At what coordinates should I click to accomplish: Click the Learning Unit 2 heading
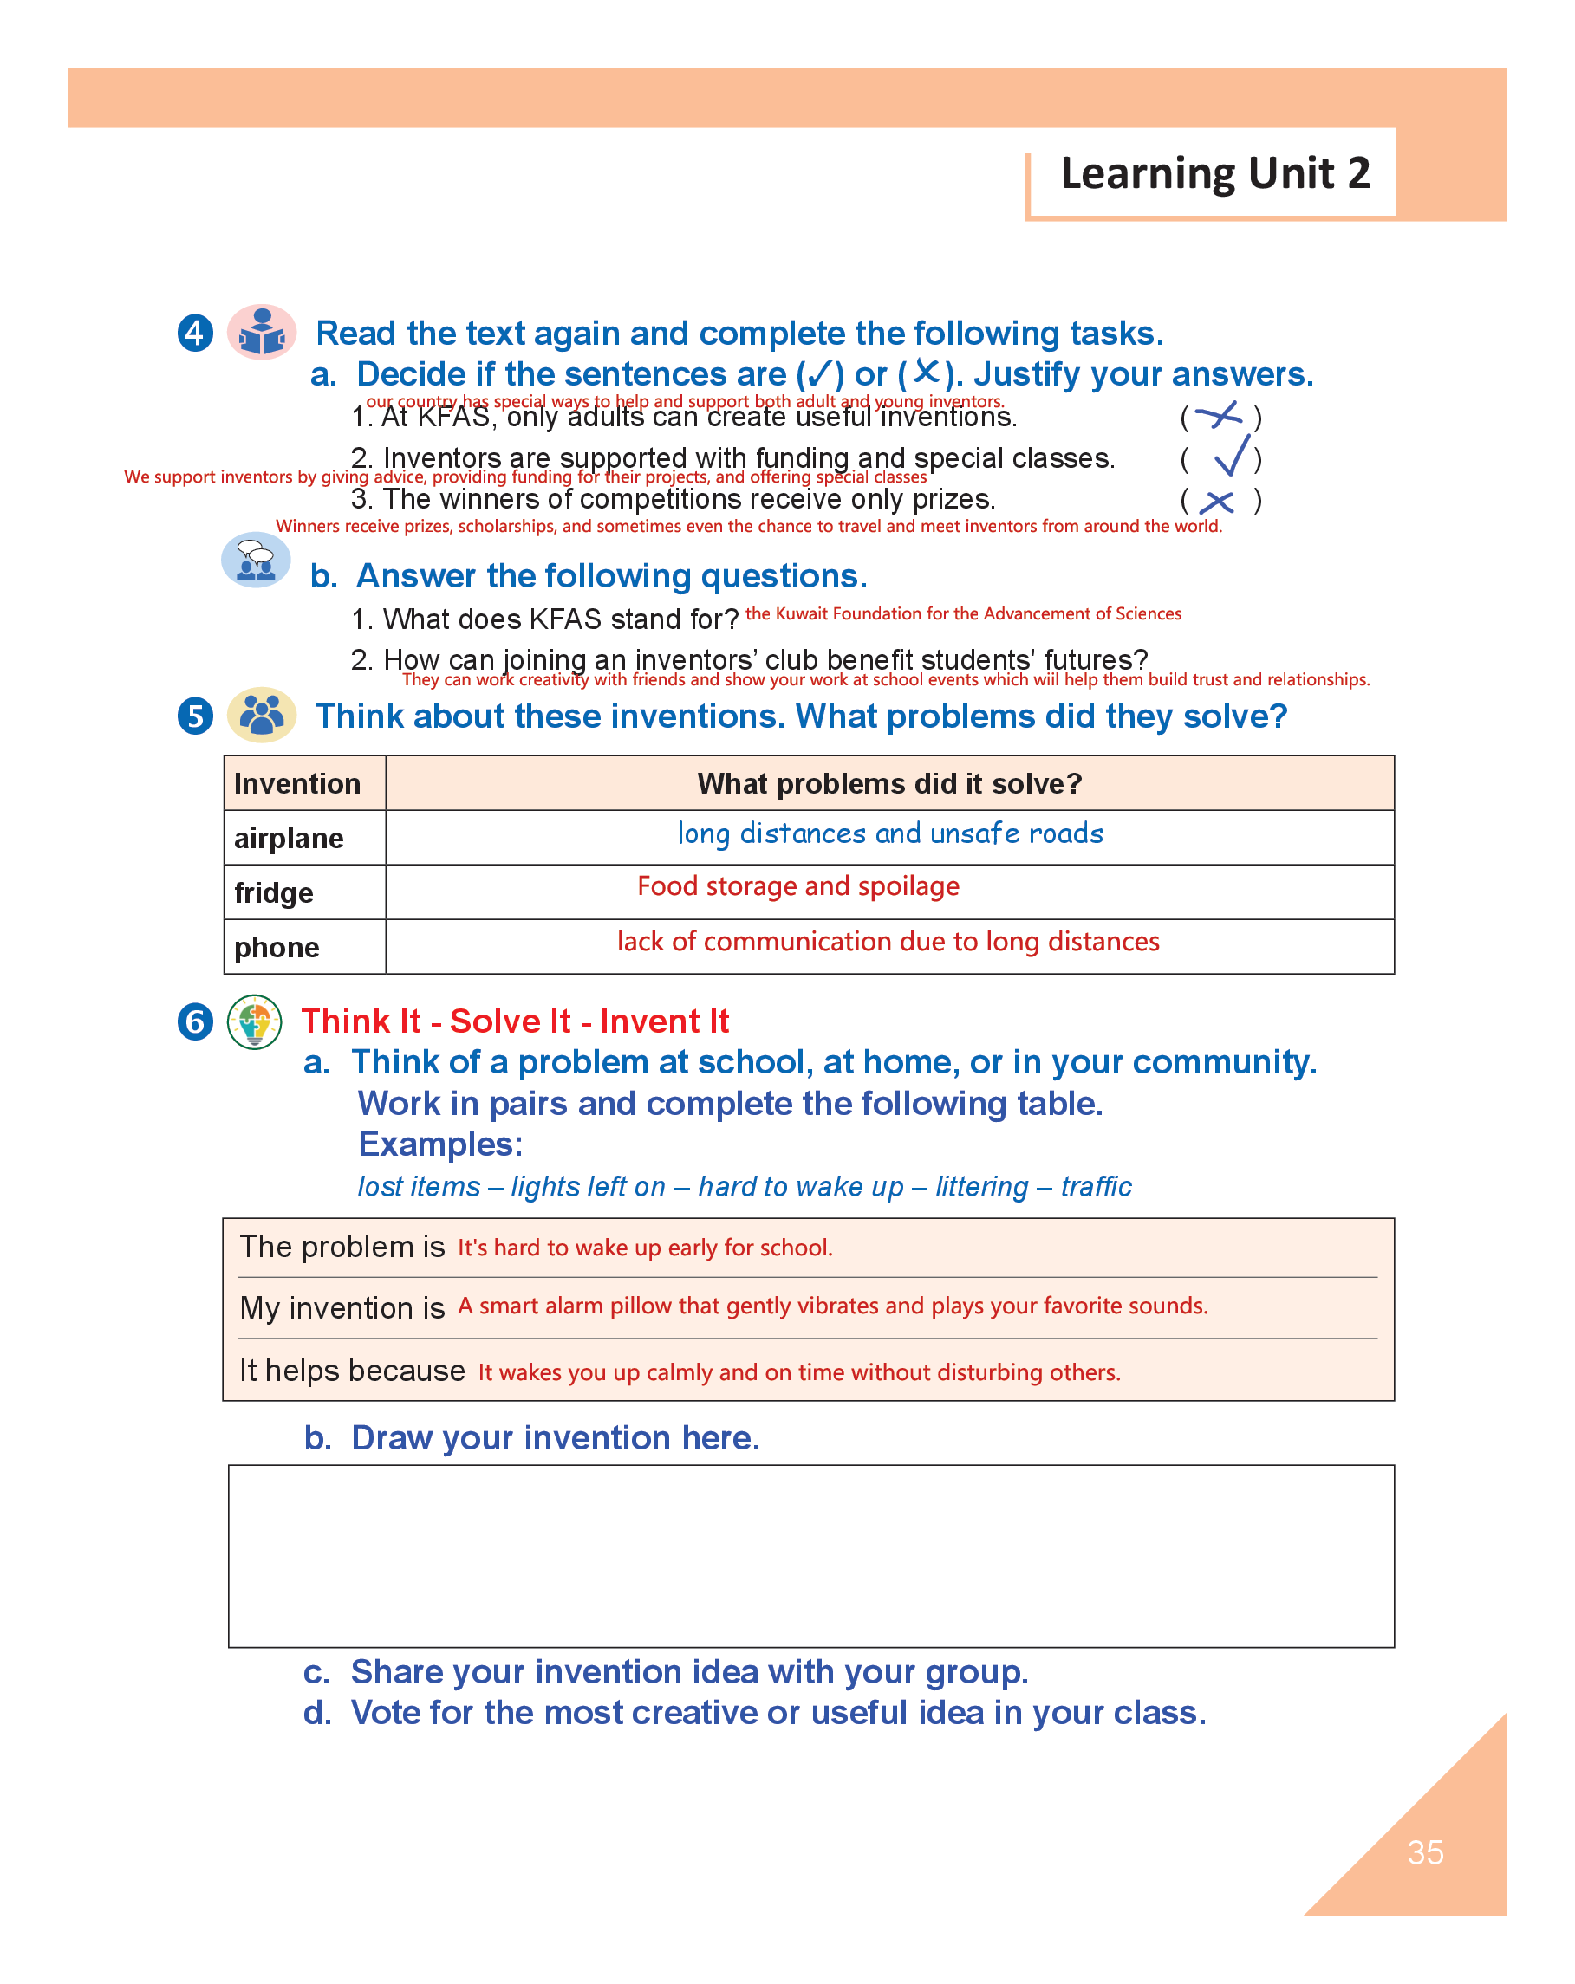coord(1214,173)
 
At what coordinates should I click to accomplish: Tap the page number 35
coord(1424,1852)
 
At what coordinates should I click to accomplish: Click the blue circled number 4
coord(195,333)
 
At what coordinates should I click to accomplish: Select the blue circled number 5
coord(195,716)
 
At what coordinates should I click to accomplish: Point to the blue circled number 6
coord(195,1021)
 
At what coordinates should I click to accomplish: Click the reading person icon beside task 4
coord(262,332)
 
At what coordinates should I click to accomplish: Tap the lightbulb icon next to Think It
coord(254,1021)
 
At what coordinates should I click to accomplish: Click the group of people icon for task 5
coord(262,715)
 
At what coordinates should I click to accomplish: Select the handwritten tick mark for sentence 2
coord(1232,456)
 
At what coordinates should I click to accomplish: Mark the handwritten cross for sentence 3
coord(1217,502)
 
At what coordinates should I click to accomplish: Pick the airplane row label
coord(289,839)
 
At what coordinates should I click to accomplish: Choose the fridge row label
coord(273,892)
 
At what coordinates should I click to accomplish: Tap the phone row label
coord(277,947)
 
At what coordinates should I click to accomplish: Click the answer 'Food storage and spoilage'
coord(798,886)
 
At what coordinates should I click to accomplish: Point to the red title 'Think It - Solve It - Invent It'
coord(515,1021)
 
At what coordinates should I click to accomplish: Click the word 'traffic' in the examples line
coord(1096,1186)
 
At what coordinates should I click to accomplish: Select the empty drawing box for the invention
coord(810,1555)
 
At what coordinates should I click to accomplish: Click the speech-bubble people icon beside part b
coord(256,560)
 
